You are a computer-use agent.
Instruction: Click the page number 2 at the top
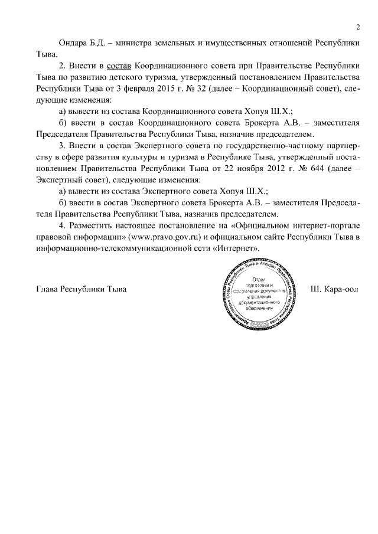pyautogui.click(x=357, y=27)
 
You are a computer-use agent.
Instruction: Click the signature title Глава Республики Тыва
pyautogui.click(x=82, y=290)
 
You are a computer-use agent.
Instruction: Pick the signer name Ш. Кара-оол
pyautogui.click(x=334, y=290)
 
